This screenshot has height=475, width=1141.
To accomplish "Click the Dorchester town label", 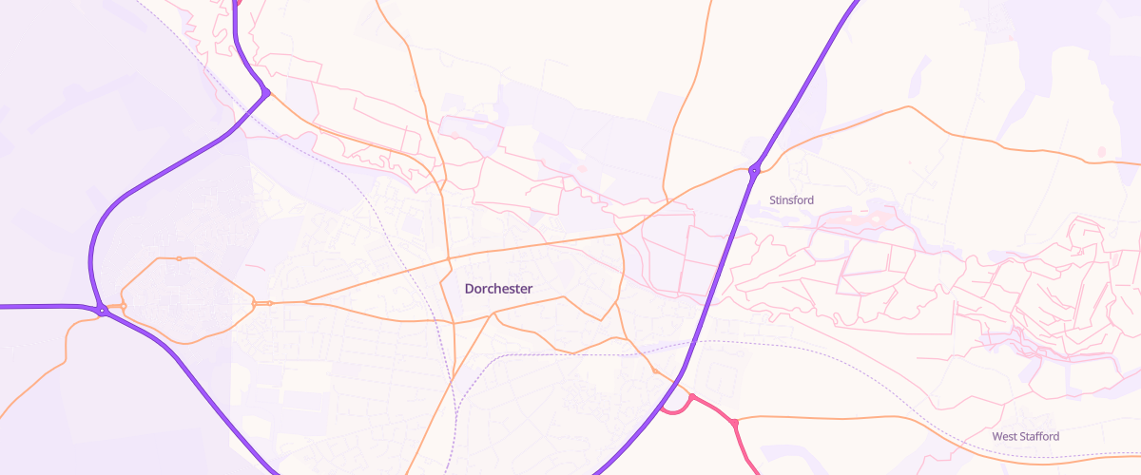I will click(498, 288).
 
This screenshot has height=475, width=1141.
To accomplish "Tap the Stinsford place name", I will click(791, 199).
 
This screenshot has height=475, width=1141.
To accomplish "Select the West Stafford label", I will click(1025, 436).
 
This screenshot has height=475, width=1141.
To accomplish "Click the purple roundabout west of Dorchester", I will click(101, 310).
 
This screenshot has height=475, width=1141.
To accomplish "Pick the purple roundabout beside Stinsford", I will click(754, 171).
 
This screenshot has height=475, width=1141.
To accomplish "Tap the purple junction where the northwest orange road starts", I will click(267, 92).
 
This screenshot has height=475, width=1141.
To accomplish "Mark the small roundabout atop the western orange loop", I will click(179, 258).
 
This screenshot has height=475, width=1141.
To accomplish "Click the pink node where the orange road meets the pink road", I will click(735, 422).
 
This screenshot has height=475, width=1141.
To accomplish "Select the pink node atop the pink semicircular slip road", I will click(692, 397).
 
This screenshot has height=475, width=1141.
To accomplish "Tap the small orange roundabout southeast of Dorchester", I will click(654, 370).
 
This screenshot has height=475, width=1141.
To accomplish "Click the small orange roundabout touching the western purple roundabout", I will click(123, 305).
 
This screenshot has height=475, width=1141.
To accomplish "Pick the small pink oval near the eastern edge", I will click(1102, 151).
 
